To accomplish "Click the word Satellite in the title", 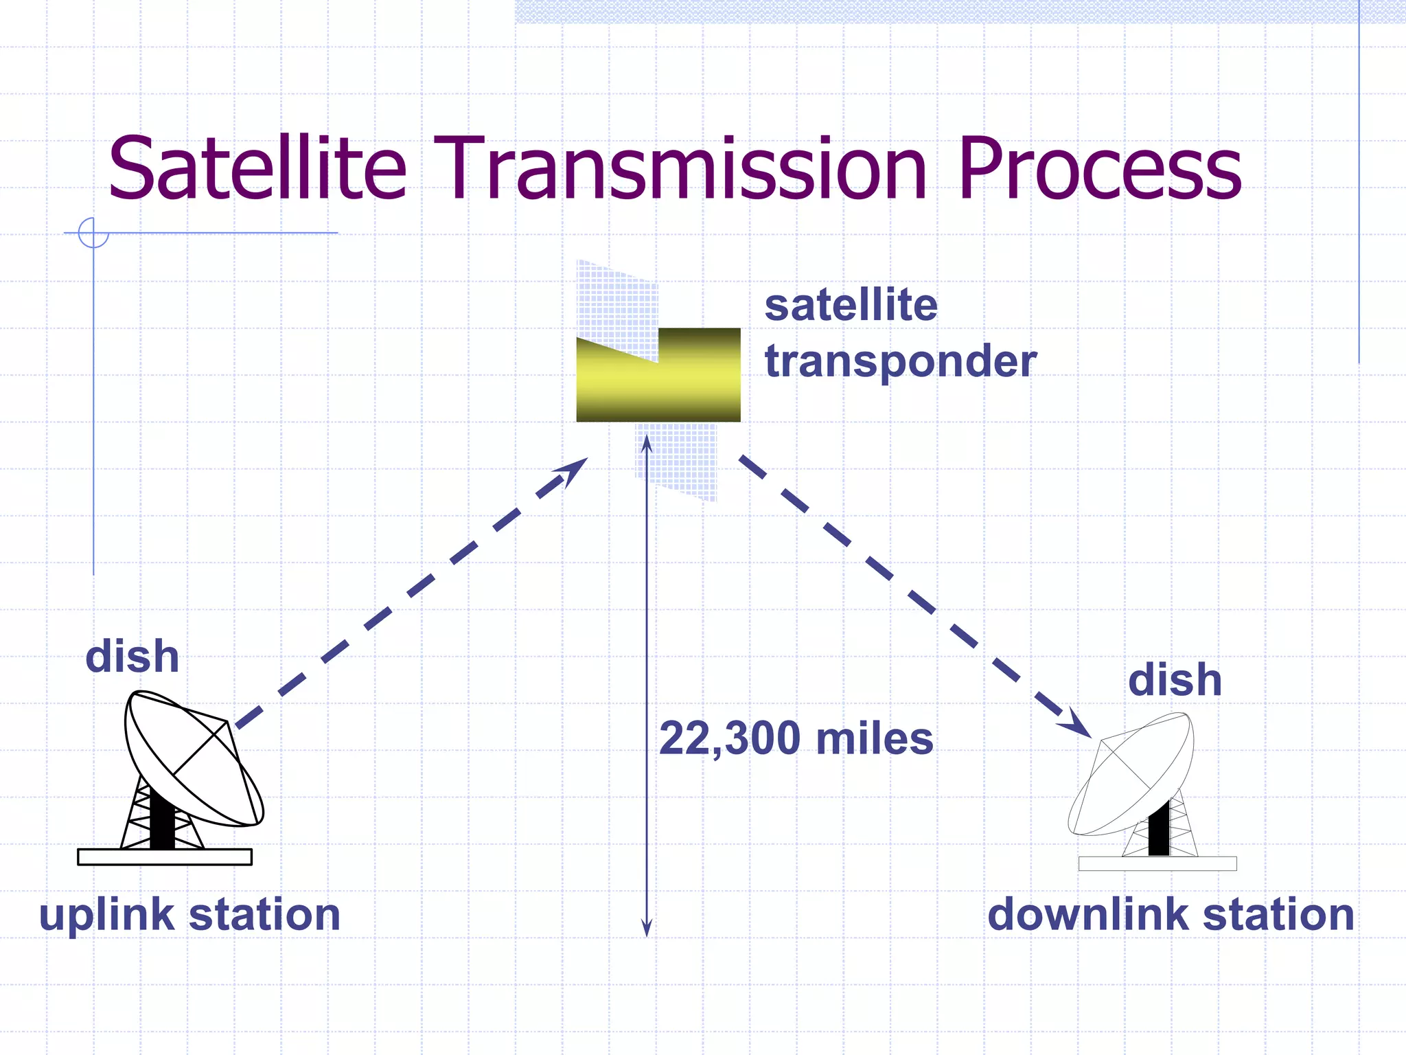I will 257,168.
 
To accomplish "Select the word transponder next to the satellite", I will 900,362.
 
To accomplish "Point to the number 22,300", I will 730,739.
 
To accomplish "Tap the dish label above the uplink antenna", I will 132,657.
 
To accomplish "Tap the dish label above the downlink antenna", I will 1175,680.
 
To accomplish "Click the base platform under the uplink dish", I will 165,857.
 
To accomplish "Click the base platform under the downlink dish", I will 1157,863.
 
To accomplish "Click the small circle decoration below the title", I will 93,232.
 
